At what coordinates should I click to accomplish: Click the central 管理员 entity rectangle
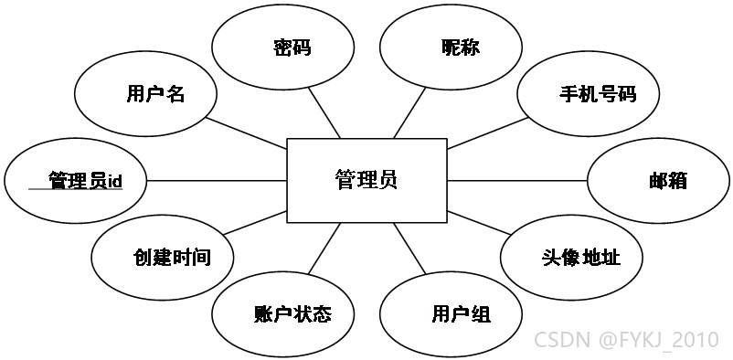(x=367, y=181)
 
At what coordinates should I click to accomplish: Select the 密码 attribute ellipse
(x=282, y=48)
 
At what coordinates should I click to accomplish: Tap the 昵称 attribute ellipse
(x=451, y=48)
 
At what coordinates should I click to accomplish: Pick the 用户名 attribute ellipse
(x=146, y=93)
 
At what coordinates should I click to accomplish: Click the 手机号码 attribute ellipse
(x=589, y=93)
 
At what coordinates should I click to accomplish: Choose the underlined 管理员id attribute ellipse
(x=76, y=181)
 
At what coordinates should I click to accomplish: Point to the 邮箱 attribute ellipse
(x=658, y=181)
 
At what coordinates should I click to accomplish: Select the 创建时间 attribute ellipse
(x=163, y=257)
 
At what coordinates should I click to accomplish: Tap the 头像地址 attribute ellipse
(x=571, y=257)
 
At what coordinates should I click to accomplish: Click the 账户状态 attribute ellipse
(x=282, y=313)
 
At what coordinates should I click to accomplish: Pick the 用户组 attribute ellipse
(x=451, y=313)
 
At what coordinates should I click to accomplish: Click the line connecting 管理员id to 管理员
(x=217, y=181)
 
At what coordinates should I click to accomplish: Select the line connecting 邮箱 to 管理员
(x=517, y=181)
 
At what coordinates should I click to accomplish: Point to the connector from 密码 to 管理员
(x=324, y=112)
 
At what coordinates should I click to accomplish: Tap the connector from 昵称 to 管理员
(x=410, y=112)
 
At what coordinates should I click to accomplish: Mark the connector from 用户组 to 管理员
(x=410, y=249)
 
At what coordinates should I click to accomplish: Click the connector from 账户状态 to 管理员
(x=324, y=249)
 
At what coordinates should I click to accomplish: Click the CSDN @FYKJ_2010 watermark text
(x=626, y=340)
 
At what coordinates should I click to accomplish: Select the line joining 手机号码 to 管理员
(x=488, y=132)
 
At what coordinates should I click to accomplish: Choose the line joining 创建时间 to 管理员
(x=255, y=223)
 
